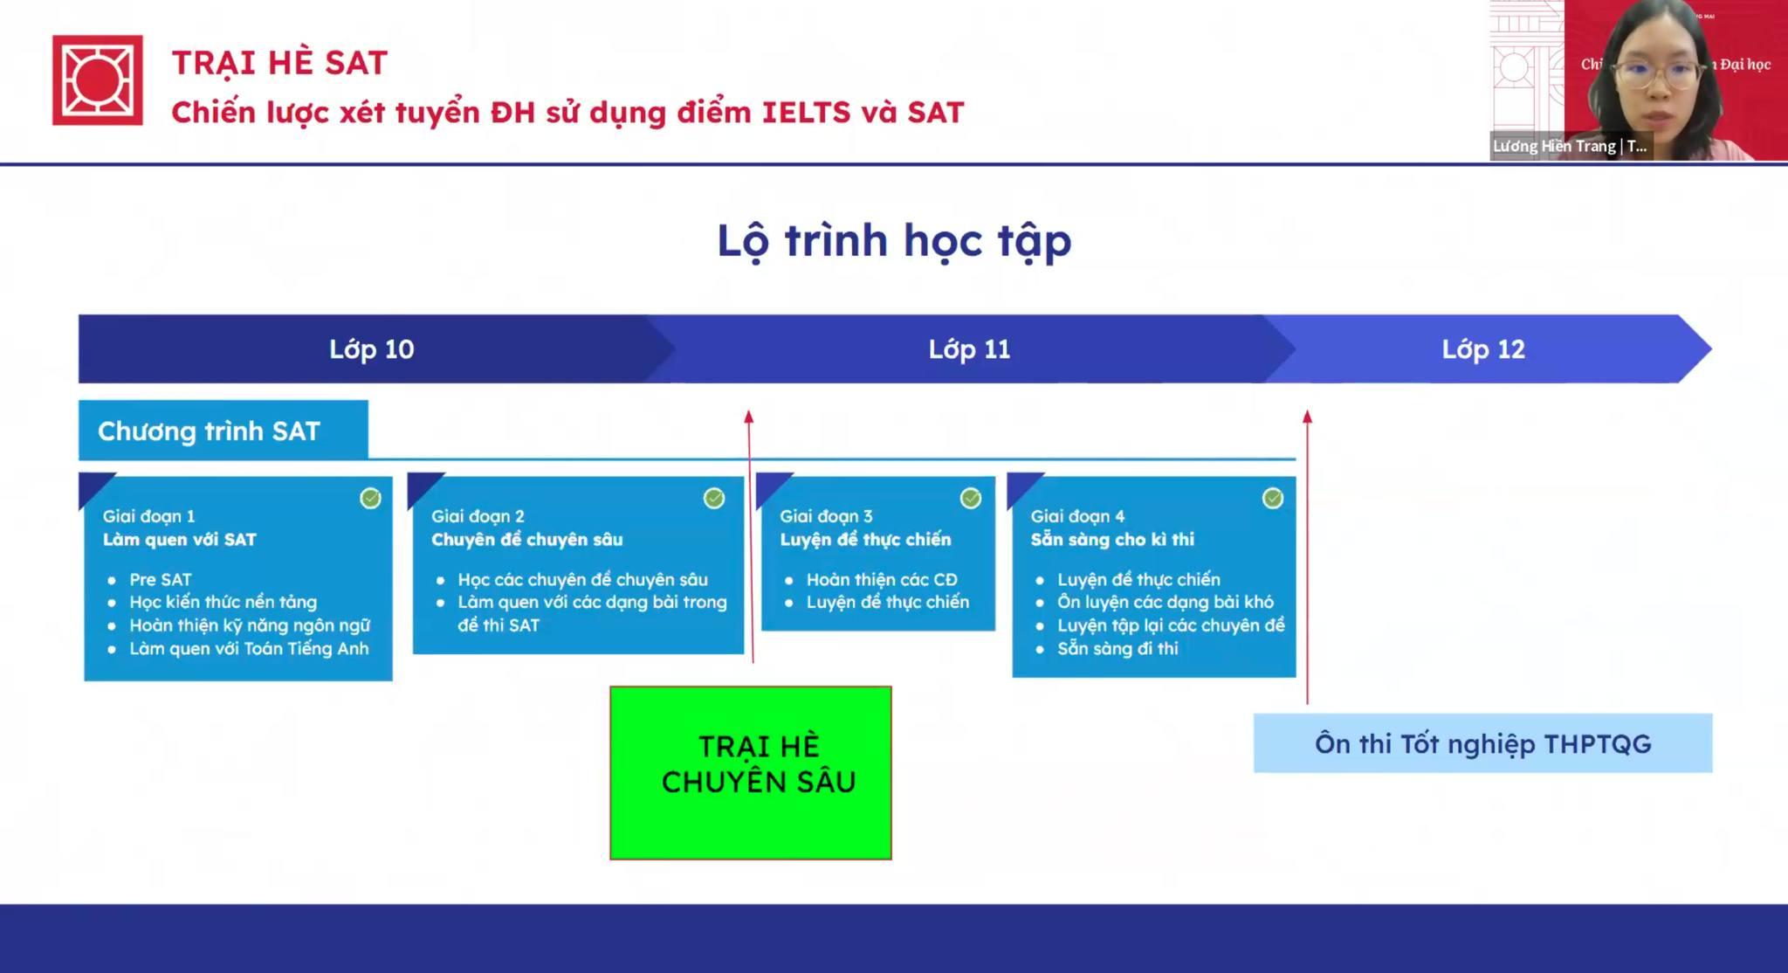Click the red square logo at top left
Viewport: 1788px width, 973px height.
(x=97, y=79)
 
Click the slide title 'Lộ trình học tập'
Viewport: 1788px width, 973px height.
(x=894, y=241)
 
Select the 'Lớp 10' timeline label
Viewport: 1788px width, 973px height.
(x=371, y=349)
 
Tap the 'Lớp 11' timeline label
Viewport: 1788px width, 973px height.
(x=969, y=349)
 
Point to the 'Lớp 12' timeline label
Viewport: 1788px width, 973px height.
(x=1483, y=349)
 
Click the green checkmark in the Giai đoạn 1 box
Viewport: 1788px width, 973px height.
(x=370, y=498)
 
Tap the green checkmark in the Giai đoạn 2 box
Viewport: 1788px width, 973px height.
(x=714, y=498)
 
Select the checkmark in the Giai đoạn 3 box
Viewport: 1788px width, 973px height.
(x=971, y=498)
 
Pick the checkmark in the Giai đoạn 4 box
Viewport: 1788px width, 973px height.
(x=1273, y=498)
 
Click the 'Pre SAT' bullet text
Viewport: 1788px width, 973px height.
(x=161, y=579)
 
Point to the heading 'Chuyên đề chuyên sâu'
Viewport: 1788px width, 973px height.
(x=527, y=539)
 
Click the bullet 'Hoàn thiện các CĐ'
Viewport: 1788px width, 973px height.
(x=882, y=579)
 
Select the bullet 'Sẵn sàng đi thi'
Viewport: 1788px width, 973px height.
(x=1117, y=648)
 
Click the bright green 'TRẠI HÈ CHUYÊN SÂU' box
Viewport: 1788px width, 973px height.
(x=751, y=773)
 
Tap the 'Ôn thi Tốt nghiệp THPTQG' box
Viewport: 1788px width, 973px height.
(x=1483, y=743)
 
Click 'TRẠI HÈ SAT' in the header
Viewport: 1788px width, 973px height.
(x=279, y=63)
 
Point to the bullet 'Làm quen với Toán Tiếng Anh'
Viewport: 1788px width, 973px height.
(x=249, y=648)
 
